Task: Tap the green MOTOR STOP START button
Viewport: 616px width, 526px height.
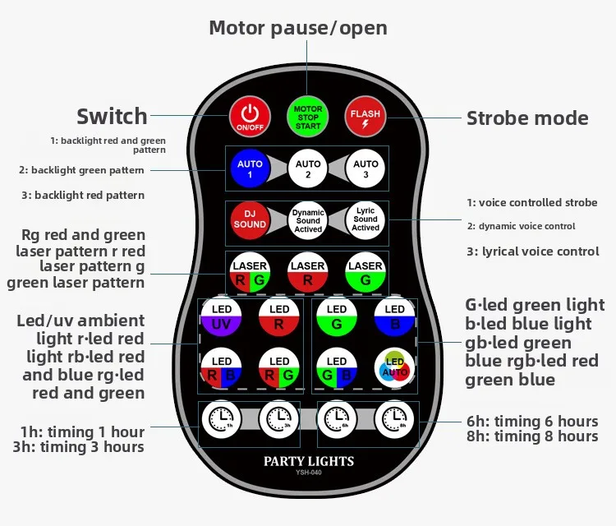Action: pyautogui.click(x=308, y=117)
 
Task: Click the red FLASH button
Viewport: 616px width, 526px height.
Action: pyautogui.click(x=365, y=117)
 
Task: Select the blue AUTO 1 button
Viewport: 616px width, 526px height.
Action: pyautogui.click(x=250, y=169)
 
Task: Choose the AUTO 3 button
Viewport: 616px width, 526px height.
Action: pyautogui.click(x=365, y=169)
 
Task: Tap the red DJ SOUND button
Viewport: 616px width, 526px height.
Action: pyautogui.click(x=250, y=219)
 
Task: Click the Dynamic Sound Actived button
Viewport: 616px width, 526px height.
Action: pyautogui.click(x=308, y=219)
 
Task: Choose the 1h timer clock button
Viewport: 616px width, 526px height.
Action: pyautogui.click(x=222, y=420)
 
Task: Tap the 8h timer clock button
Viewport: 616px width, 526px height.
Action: pyautogui.click(x=395, y=420)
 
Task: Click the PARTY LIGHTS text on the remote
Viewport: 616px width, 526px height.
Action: pyautogui.click(x=308, y=461)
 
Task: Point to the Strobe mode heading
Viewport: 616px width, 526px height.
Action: pyautogui.click(x=527, y=118)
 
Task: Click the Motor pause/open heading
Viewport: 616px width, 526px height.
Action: pyautogui.click(x=298, y=29)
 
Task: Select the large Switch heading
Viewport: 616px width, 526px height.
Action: pyautogui.click(x=112, y=116)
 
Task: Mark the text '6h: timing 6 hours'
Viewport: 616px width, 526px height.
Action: pyautogui.click(x=531, y=422)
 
